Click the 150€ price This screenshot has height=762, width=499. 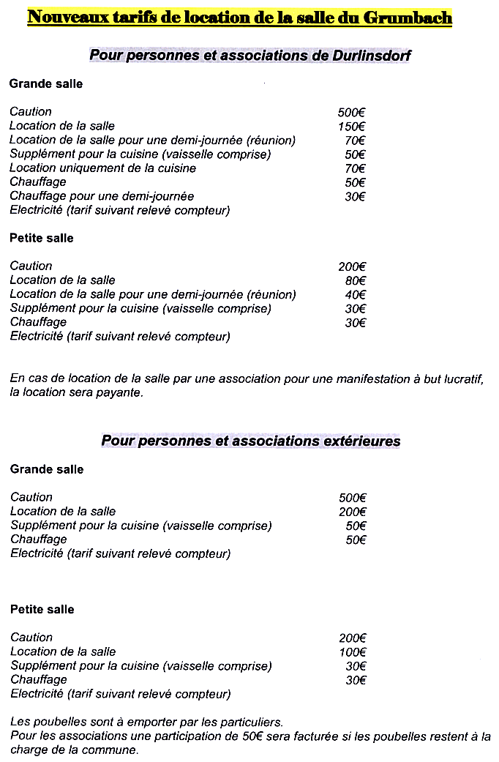(351, 127)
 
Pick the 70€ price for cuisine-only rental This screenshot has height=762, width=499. (355, 168)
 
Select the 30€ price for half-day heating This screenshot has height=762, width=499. (355, 197)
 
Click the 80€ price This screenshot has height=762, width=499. (355, 280)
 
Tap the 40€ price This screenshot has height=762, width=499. (355, 295)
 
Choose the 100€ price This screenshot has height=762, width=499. (352, 652)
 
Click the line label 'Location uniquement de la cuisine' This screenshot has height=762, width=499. (102, 168)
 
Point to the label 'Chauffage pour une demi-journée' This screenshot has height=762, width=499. (102, 197)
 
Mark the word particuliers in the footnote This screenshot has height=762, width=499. (251, 722)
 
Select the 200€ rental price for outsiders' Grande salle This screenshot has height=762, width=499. (352, 512)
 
